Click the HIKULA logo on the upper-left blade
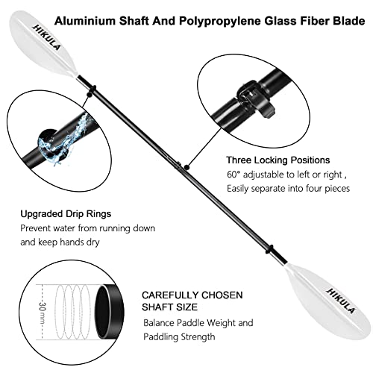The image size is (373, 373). pos(46,37)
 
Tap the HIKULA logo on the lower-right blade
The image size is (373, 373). pos(341,301)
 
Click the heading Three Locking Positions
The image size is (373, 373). pos(278,160)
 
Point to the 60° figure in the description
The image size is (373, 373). pos(233,175)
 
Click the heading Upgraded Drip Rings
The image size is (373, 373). pos(66,214)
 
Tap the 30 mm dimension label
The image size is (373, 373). pos(43,312)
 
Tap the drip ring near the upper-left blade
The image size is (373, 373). pos(94,89)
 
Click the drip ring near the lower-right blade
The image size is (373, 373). pos(270,249)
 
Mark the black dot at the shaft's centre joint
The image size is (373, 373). pos(187,167)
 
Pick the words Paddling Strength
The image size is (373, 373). pos(179,337)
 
